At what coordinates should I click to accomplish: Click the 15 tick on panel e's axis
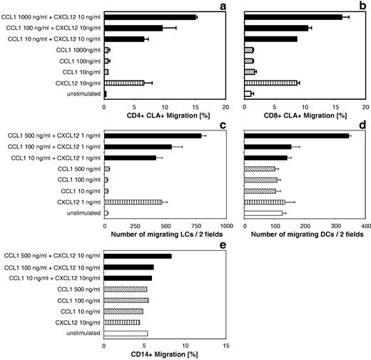[x=225, y=346]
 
